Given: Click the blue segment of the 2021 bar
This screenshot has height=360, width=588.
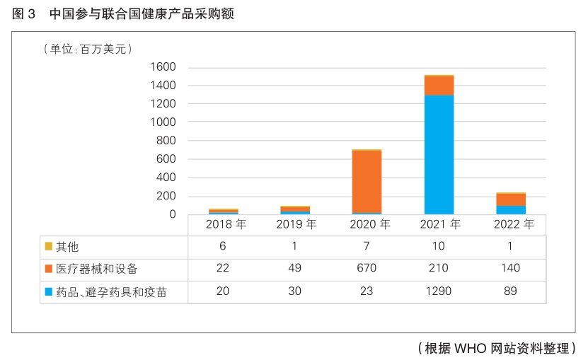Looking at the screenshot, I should [439, 154].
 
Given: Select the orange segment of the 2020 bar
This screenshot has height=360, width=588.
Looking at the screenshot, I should [367, 181].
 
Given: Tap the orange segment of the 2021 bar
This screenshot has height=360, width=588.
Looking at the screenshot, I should [439, 86].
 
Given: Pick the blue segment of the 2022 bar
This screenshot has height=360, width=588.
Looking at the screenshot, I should [511, 209].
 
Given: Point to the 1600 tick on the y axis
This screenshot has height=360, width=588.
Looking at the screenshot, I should [163, 67].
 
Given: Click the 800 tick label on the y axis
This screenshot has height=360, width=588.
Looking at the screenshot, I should [166, 141].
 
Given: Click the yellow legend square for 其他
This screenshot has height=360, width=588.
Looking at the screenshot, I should [48, 247].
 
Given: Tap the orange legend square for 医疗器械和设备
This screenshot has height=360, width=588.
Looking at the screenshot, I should [48, 269].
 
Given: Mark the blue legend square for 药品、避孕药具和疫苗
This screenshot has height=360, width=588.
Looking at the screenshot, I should [48, 291].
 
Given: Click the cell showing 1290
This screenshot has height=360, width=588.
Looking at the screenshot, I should [439, 291].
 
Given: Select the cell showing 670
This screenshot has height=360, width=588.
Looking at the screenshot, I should [367, 269].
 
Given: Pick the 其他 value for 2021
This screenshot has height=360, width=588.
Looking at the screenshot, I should [439, 247].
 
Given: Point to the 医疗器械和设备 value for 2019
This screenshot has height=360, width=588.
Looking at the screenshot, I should [294, 269].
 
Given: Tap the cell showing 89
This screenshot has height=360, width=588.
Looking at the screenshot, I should [511, 291].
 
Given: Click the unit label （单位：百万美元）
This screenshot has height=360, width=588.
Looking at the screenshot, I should [88, 49].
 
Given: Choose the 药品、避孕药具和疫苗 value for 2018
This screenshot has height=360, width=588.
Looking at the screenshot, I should [223, 291].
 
